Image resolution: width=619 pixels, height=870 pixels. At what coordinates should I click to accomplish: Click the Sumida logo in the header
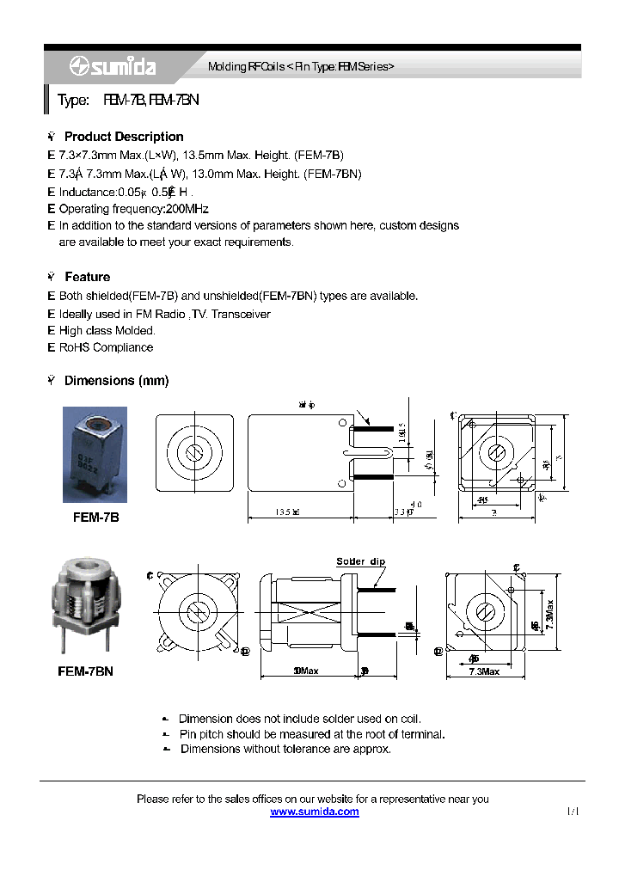point(101,66)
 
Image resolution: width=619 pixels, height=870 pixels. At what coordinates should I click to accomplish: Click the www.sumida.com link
point(315,812)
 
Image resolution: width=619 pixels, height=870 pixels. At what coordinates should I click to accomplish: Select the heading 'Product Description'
point(124,137)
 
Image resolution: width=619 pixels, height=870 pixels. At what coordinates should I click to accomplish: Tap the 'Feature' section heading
point(87,277)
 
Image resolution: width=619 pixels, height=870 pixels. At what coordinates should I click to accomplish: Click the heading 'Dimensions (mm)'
point(116,380)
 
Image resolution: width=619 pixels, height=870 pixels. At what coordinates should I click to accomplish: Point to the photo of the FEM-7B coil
point(95,455)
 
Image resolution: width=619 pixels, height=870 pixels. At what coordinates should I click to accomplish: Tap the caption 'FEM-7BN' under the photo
point(85,671)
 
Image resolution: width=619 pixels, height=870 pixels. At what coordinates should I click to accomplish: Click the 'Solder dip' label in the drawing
point(360,561)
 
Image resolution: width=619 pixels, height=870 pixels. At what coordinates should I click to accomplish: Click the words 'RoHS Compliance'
point(106,347)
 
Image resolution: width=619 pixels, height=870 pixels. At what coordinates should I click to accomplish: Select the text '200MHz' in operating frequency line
point(187,209)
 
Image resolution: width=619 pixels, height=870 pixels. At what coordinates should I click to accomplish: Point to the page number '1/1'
point(573,812)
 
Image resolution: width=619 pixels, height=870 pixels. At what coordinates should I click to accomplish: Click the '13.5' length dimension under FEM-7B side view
point(287,512)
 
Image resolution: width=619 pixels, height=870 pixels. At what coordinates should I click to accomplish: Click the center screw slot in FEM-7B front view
point(194,453)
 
